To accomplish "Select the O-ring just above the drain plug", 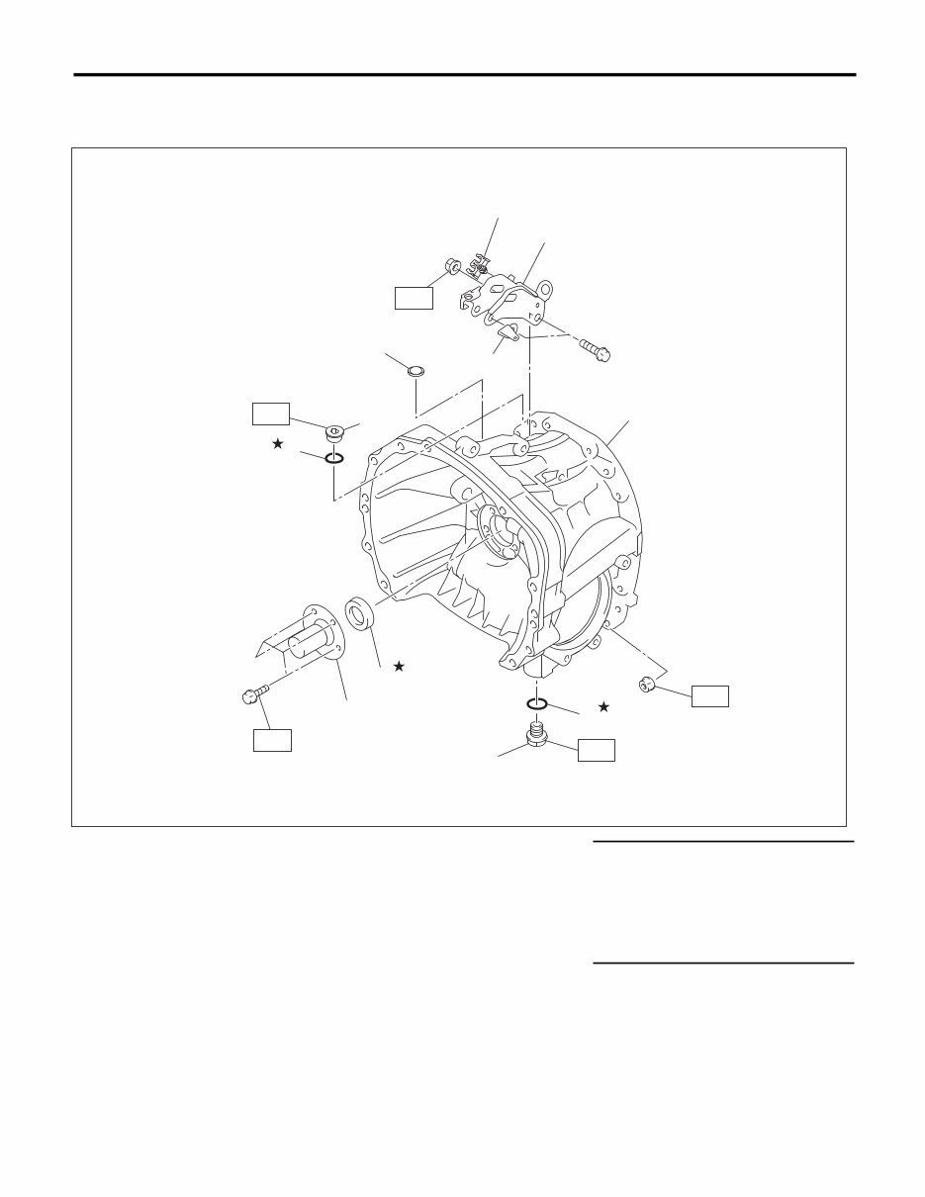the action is [537, 703].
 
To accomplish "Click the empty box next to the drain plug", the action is [597, 749].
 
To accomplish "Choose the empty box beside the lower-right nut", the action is [709, 695].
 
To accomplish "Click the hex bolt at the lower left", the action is [252, 695].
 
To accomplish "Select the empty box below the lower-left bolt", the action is [272, 739].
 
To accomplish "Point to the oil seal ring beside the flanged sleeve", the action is [359, 612].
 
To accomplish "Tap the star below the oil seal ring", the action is [399, 667].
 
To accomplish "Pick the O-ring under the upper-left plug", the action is [333, 458].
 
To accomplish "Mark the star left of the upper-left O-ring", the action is [278, 444].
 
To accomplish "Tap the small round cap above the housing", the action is [416, 372].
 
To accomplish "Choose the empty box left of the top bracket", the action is [414, 297].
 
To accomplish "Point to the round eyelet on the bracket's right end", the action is [545, 293].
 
